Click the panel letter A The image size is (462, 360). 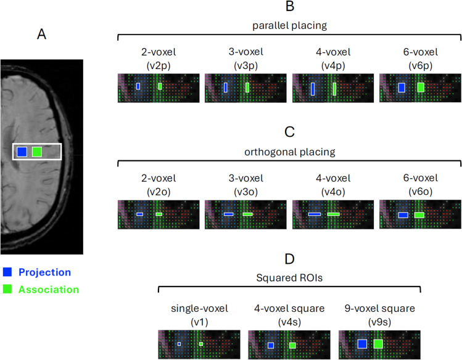point(42,35)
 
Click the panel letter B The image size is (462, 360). point(289,7)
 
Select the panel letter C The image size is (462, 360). point(289,132)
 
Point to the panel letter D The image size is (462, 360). point(289,259)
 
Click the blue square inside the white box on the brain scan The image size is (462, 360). point(22,152)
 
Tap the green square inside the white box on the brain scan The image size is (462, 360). point(37,152)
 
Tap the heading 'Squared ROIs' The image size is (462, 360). point(289,277)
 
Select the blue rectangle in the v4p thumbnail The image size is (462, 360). point(313,89)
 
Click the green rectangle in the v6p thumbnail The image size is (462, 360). point(421,88)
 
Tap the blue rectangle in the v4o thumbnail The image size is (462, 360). point(314,214)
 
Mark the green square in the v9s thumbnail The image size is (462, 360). point(378,343)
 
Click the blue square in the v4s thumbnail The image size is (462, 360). point(271,345)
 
